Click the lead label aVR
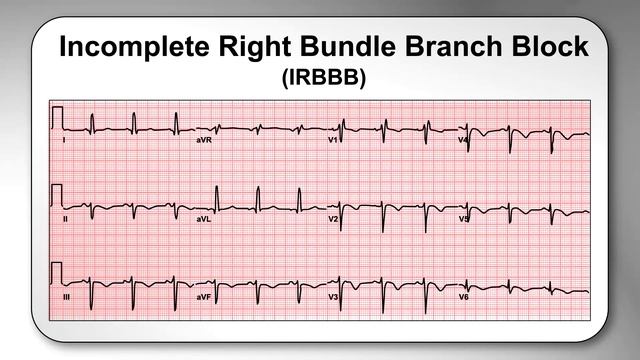204,141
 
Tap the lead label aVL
203,218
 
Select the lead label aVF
203,297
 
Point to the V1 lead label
334,141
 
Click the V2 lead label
334,218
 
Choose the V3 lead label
334,297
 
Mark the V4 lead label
463,141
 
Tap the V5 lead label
463,218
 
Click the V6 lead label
463,297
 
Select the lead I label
65,141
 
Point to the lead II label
66,218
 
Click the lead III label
67,297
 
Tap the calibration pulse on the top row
57,118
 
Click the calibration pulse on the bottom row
57,273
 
